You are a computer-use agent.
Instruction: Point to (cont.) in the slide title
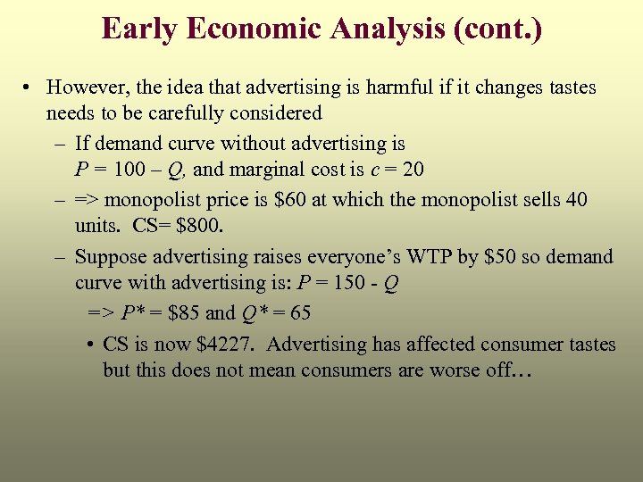pyautogui.click(x=497, y=29)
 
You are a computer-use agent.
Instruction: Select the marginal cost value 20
pyautogui.click(x=413, y=170)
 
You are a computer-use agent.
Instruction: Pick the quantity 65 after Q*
pyautogui.click(x=299, y=313)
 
